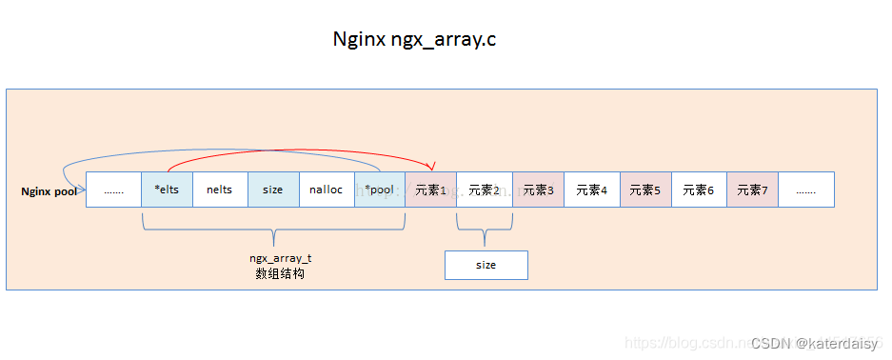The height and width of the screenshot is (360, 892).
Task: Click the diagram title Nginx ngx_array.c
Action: point(414,40)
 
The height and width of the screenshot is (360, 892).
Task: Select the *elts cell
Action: point(167,190)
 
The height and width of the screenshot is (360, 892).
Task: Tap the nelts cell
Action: point(219,190)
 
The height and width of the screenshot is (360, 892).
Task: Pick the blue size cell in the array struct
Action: point(273,190)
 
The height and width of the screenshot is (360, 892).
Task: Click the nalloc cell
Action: point(327,190)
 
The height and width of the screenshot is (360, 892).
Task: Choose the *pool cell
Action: point(380,190)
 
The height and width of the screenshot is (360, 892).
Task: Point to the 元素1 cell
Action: point(431,190)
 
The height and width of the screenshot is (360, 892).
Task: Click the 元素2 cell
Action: point(485,190)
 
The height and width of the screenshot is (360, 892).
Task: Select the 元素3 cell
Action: point(539,190)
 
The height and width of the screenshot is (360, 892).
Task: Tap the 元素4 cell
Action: point(592,190)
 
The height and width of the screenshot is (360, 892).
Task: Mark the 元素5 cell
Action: point(645,190)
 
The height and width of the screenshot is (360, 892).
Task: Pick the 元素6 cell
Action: point(699,190)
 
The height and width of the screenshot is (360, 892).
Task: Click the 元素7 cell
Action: point(752,190)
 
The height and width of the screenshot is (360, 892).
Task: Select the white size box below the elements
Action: point(486,265)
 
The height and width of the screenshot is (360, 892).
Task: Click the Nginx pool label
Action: point(49,191)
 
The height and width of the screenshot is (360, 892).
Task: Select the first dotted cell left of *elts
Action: point(113,190)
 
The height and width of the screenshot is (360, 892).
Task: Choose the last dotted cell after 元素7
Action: point(806,190)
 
